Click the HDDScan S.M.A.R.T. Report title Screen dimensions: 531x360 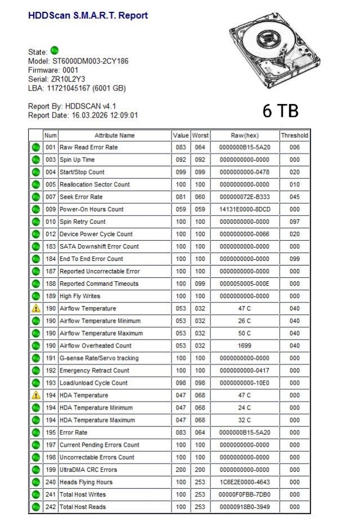point(88,16)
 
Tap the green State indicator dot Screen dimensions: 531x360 point(55,51)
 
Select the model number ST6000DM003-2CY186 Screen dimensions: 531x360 point(90,61)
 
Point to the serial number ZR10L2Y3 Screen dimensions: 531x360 point(65,79)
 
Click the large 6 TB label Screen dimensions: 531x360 point(280,111)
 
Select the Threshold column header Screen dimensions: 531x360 point(294,136)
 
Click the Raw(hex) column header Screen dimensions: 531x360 point(245,136)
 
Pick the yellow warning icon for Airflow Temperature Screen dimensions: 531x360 point(36,309)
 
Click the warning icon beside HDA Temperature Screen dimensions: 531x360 point(36,395)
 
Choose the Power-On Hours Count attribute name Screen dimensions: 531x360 point(91,209)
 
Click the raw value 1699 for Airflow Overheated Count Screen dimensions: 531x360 point(245,346)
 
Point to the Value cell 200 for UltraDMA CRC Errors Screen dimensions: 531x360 point(181,470)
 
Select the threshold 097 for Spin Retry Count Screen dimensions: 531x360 point(294,222)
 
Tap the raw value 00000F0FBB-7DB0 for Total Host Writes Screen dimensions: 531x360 point(245,494)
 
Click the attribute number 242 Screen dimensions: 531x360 point(51,507)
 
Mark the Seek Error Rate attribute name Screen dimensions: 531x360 point(82,197)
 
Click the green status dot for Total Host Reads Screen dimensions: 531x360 point(36,507)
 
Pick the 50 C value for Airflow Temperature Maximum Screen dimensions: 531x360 point(245,334)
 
